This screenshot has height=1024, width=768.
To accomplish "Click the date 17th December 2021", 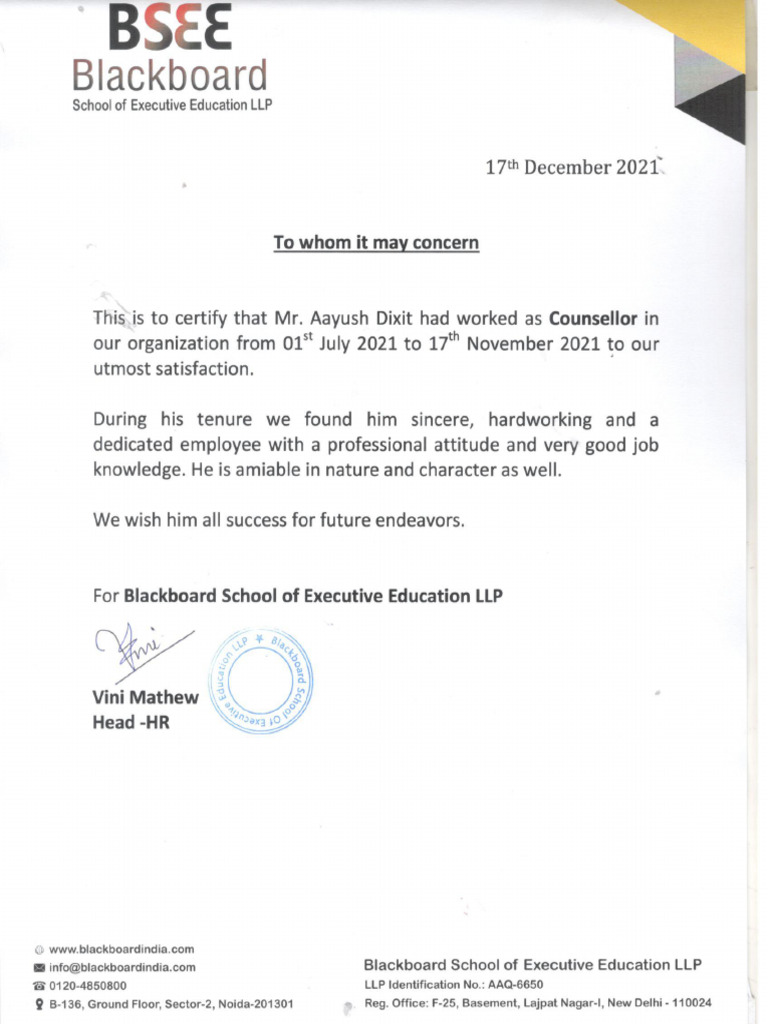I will [571, 168].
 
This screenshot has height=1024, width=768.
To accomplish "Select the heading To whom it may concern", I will [376, 242].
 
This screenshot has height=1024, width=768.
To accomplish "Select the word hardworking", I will [539, 420].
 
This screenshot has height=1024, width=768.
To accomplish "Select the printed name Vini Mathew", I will [145, 698].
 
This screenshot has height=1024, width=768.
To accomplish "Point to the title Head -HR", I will [130, 721].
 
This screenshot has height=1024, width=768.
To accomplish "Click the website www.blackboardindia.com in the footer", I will [121, 949].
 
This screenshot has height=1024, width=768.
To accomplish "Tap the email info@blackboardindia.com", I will [122, 967].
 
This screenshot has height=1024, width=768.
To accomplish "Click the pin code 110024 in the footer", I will [690, 1003].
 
